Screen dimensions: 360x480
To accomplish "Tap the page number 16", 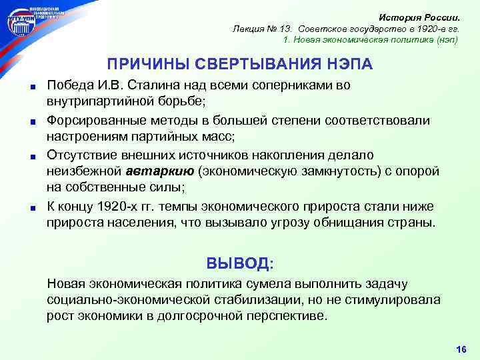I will click(461, 349).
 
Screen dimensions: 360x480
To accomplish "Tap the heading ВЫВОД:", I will click(239, 262).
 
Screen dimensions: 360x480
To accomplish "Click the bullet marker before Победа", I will click(31, 87).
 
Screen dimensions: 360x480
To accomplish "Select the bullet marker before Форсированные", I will click(31, 121).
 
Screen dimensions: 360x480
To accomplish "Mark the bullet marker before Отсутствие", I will click(31, 156).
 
